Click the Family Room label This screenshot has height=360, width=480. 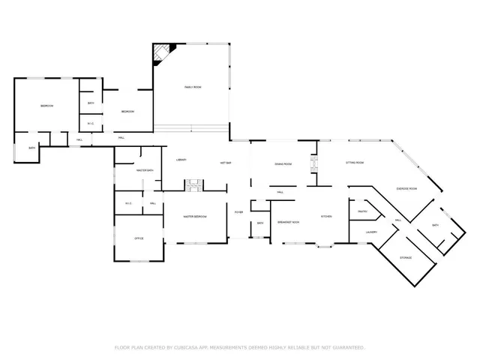193,88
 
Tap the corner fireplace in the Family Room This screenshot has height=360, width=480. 162,53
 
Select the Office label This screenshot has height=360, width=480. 138,238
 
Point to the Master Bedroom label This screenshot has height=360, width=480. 195,217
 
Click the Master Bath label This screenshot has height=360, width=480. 145,171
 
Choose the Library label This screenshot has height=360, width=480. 181,160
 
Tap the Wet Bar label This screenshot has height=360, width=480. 225,163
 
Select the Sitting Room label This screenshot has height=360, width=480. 354,163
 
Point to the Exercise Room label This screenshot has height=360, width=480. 406,189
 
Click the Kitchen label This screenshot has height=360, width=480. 326,217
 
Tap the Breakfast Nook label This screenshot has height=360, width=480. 289,223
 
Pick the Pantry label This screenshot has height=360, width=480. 361,212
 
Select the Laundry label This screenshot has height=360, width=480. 370,232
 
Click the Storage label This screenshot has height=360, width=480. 406,257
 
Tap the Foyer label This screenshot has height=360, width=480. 238,212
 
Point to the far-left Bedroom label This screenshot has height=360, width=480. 46,106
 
